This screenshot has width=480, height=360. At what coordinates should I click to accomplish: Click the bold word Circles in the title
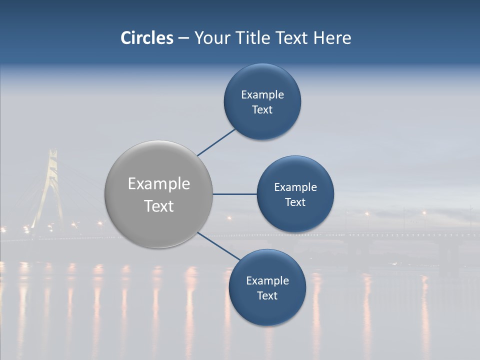tap(147, 38)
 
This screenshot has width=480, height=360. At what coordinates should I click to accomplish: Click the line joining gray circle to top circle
tap(216, 142)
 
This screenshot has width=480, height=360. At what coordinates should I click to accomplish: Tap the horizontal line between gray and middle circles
tap(234, 194)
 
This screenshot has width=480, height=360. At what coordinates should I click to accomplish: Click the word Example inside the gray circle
tap(159, 184)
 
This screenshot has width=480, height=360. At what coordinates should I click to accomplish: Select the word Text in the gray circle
tap(159, 206)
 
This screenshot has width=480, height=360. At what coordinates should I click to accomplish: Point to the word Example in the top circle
tap(262, 95)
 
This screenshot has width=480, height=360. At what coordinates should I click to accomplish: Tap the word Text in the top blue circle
tap(262, 110)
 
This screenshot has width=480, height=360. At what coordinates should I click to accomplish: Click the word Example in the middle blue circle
tap(295, 187)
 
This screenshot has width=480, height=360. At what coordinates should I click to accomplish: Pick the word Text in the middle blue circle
tap(295, 202)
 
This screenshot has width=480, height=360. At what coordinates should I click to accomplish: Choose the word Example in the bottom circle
tap(267, 281)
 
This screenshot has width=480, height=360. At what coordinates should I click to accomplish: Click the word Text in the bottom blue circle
tap(267, 296)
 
